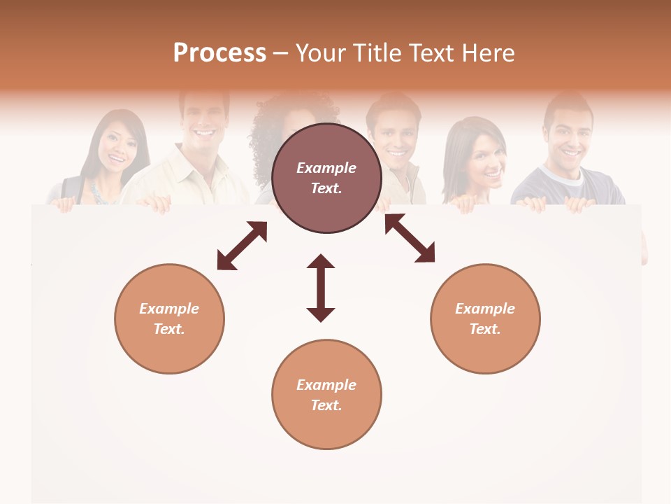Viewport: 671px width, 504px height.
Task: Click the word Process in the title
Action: [x=219, y=53]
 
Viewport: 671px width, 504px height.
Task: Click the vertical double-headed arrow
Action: [x=321, y=288]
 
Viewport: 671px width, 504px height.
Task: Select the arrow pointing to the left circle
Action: [x=242, y=246]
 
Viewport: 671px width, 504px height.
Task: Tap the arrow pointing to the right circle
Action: [x=410, y=238]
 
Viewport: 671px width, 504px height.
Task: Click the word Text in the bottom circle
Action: [x=326, y=405]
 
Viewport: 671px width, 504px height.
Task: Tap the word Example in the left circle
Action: [x=169, y=309]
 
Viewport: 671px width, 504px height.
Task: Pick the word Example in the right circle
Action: [x=485, y=309]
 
